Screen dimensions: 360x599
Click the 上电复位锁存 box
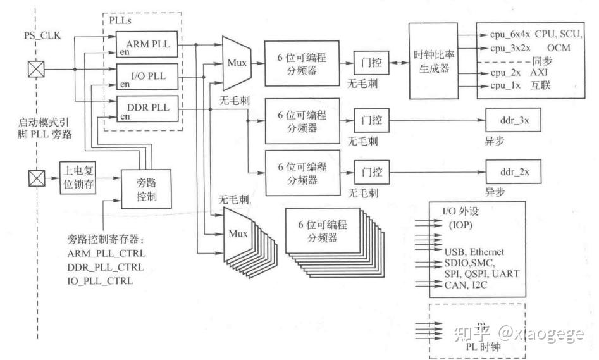(78, 178)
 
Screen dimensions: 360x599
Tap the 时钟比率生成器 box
(431, 61)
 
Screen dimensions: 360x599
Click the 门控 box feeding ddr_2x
(371, 172)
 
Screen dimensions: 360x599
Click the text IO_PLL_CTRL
(101, 281)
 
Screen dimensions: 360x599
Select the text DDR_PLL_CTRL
(106, 268)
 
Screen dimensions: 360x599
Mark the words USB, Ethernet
(474, 252)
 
